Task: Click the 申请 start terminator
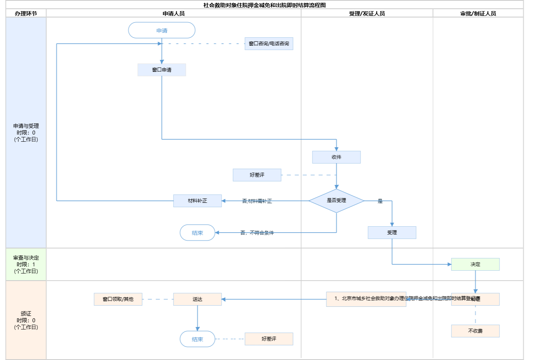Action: point(162,31)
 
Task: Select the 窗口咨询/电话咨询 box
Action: point(269,44)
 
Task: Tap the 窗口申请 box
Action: point(162,70)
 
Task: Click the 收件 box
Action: point(336,157)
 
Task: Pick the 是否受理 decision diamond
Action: point(336,201)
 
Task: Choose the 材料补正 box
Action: point(197,201)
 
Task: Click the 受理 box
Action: point(392,233)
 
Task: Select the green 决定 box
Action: point(475,264)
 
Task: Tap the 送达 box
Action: point(197,299)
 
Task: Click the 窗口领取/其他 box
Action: point(118,299)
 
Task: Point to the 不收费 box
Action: point(475,331)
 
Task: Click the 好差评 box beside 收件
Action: point(257,175)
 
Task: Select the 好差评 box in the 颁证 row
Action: point(269,339)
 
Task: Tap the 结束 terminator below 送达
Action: point(197,339)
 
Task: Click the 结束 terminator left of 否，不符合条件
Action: point(197,233)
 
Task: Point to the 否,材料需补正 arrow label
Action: point(257,201)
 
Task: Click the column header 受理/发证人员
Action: point(367,13)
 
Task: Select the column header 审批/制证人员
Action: point(478,13)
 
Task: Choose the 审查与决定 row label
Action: point(26,264)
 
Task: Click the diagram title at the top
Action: point(264,5)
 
